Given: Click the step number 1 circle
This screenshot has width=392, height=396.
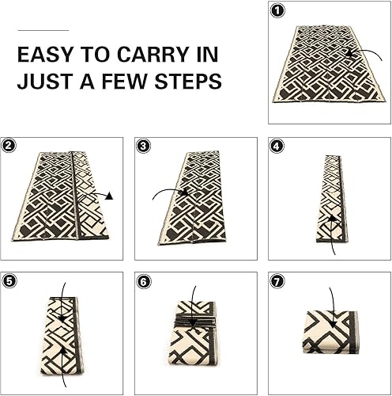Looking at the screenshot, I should (x=277, y=11).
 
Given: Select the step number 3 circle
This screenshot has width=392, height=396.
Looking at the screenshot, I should (x=143, y=146).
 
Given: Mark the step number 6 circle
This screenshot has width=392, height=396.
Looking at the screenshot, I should (x=143, y=280).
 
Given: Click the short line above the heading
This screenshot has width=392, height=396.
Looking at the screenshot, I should (x=43, y=30).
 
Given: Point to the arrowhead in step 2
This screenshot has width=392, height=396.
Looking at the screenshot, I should (x=110, y=195).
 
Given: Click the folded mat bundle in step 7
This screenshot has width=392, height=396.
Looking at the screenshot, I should (x=330, y=333).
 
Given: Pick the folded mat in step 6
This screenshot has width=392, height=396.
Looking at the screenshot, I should (x=193, y=333).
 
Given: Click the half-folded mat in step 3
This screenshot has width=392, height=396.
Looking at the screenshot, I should (x=191, y=198).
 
